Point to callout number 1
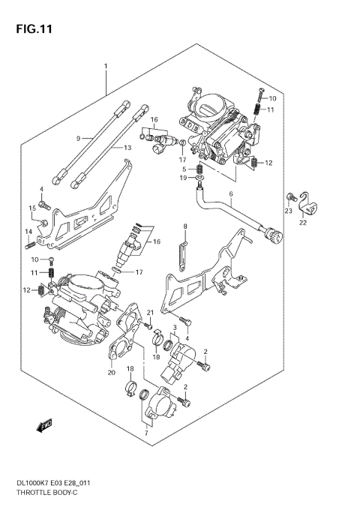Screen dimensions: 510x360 point(106,67)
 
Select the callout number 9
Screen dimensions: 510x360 point(77,138)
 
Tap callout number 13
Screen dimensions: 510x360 point(127,148)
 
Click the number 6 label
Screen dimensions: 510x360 point(231,194)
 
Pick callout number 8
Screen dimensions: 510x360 point(184,226)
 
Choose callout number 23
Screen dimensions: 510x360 point(288,211)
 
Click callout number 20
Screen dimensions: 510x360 point(111,372)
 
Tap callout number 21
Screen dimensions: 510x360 point(150,313)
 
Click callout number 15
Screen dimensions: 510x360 point(32,208)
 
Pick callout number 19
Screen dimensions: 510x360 point(182,178)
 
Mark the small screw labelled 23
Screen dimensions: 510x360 point(288,197)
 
